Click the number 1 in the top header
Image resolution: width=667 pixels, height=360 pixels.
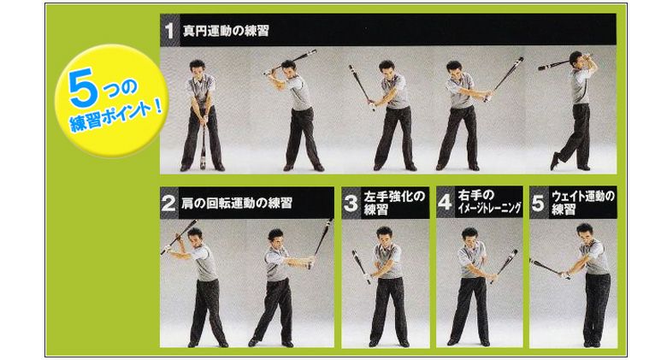169,30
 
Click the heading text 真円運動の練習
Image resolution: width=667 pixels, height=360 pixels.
226,31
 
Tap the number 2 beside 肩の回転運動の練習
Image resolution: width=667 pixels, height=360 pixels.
168,203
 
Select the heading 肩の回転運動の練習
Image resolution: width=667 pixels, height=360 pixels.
237,203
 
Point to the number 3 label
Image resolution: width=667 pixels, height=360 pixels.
351,203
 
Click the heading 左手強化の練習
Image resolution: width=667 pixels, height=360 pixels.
394,203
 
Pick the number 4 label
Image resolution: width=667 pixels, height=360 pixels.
445,202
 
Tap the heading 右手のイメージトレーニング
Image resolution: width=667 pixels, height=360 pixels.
489,202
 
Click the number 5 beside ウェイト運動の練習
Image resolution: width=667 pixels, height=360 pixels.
538,203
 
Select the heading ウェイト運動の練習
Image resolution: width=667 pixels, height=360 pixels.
583,203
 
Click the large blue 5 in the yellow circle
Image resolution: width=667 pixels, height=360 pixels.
81,87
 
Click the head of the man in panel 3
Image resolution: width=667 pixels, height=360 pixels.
384,235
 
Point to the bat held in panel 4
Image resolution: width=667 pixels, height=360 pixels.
505,265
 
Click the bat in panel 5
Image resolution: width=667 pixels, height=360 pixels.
550,269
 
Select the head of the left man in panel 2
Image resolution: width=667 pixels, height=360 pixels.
195,236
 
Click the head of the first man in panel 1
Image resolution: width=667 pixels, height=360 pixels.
197,68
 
